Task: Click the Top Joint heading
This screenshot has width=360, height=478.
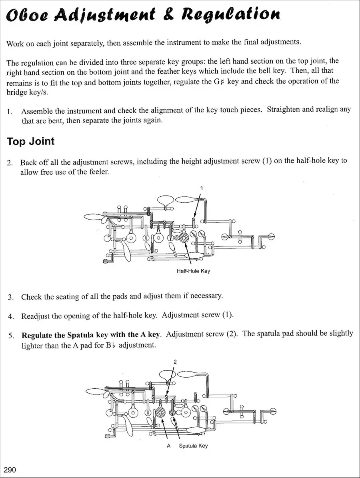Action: click(31, 142)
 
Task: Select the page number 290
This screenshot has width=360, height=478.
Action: click(10, 470)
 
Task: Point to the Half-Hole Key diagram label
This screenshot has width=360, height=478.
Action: click(193, 271)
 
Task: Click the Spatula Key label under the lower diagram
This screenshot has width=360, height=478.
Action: click(193, 446)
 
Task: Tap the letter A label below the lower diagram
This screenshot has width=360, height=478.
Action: click(168, 446)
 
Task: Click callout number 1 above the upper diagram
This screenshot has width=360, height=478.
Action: click(202, 188)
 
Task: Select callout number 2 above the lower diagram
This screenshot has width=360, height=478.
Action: click(175, 362)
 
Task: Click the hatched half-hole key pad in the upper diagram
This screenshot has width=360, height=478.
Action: click(184, 238)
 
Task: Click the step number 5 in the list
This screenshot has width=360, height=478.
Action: click(11, 336)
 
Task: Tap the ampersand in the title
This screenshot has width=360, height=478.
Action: click(168, 14)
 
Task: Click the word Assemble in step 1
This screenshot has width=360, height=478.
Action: click(36, 111)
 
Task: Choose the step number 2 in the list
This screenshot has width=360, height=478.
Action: click(10, 162)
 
